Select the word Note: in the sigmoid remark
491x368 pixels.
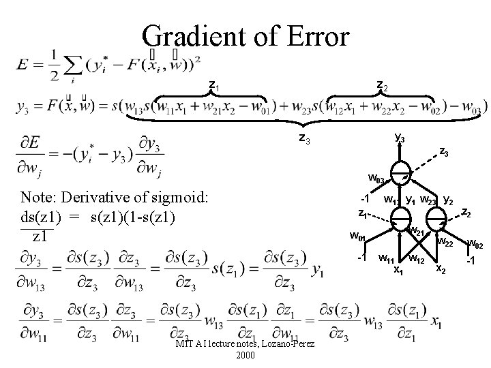(40, 199)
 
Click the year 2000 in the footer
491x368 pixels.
(245, 356)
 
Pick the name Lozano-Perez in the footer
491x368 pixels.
(286, 345)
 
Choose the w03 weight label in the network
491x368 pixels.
(377, 180)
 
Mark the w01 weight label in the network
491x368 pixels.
(357, 237)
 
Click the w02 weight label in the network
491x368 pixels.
(475, 244)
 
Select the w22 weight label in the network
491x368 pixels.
(445, 241)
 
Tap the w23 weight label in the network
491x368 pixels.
(429, 201)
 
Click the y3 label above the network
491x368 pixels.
(400, 139)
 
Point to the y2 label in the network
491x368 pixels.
(449, 200)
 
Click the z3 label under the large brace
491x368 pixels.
(306, 138)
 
